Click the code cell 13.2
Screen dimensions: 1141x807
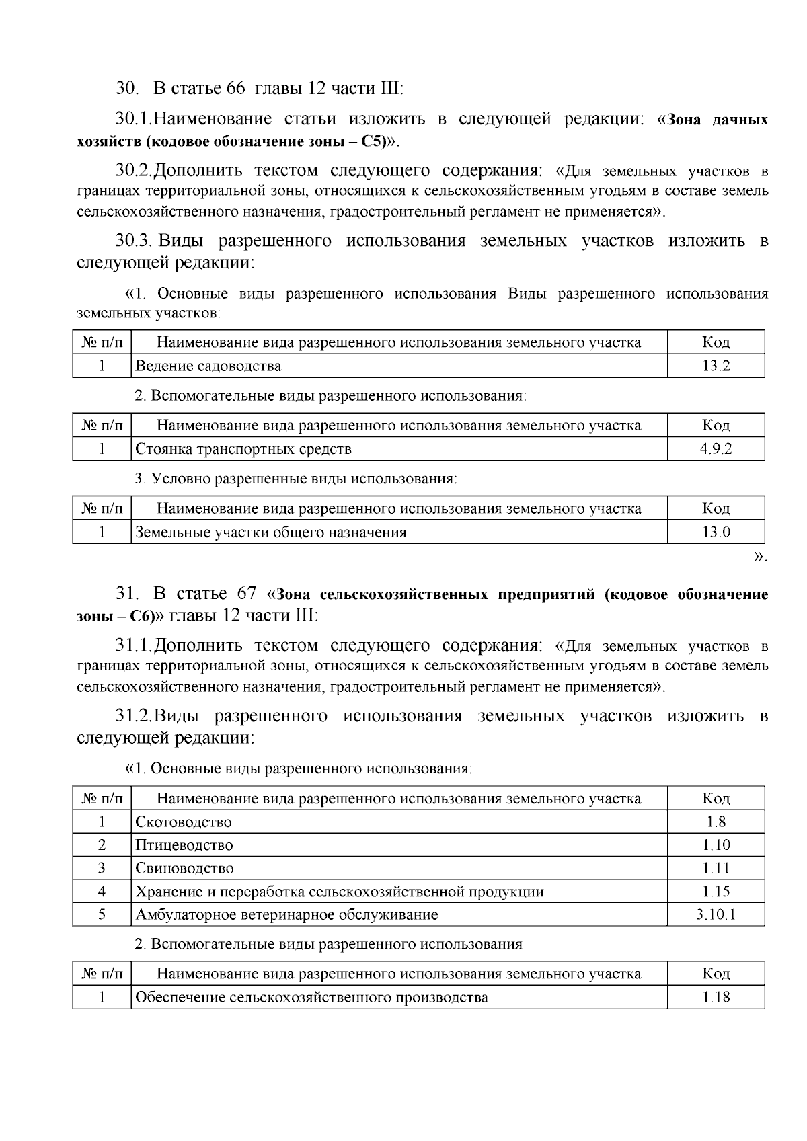(716, 366)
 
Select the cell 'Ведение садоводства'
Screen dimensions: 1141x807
(208, 366)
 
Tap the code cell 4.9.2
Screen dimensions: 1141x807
(716, 449)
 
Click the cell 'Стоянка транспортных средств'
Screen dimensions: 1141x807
(243, 449)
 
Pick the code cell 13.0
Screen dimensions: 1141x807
(716, 533)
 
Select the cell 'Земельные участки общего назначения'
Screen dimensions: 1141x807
(271, 533)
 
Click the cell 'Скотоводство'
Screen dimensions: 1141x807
(184, 822)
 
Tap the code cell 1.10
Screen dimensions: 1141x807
(716, 845)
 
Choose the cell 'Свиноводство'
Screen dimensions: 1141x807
(184, 868)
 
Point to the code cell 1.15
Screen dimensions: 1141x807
(716, 892)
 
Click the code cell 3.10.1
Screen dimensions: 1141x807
(716, 915)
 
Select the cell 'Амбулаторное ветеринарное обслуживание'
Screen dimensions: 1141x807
(286, 915)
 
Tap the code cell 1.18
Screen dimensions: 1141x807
(716, 998)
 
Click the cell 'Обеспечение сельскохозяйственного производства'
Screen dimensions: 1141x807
(311, 998)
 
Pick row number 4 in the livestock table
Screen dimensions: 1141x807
(102, 892)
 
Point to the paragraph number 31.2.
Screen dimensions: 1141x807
(133, 716)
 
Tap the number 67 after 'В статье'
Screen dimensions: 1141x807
(247, 594)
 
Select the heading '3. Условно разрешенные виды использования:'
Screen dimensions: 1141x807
(296, 479)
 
